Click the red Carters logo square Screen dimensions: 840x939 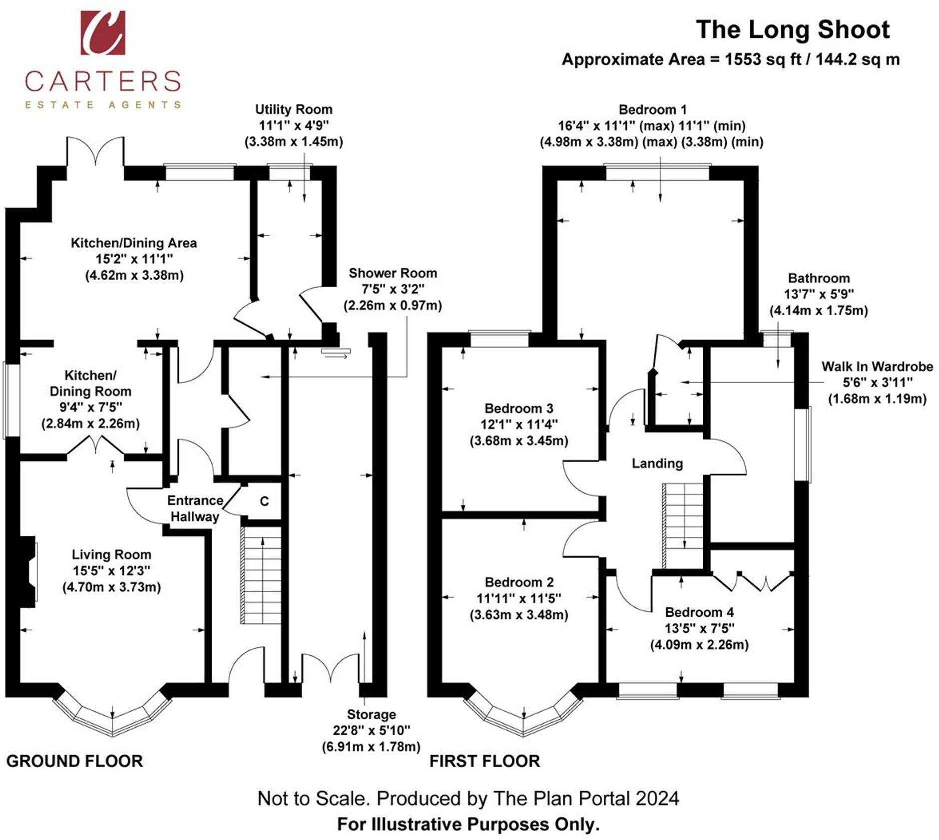click(x=103, y=32)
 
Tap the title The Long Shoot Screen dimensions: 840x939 click(x=792, y=30)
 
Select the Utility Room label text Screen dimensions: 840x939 click(x=294, y=109)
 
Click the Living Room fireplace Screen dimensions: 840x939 click(x=28, y=572)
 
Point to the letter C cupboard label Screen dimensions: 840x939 click(x=264, y=501)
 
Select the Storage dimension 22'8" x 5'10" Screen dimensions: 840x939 click(x=371, y=730)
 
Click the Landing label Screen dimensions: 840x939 click(x=657, y=463)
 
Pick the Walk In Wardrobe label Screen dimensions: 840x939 click(x=877, y=367)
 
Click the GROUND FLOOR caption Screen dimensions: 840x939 click(x=74, y=761)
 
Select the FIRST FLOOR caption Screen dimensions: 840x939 click(x=484, y=761)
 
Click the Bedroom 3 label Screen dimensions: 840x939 click(x=519, y=409)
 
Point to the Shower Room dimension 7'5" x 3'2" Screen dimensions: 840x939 click(x=393, y=289)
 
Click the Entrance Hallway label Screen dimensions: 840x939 click(x=195, y=508)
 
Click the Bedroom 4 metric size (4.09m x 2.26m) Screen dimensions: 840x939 click(x=699, y=645)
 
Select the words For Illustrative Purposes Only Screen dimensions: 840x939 click(x=468, y=824)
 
